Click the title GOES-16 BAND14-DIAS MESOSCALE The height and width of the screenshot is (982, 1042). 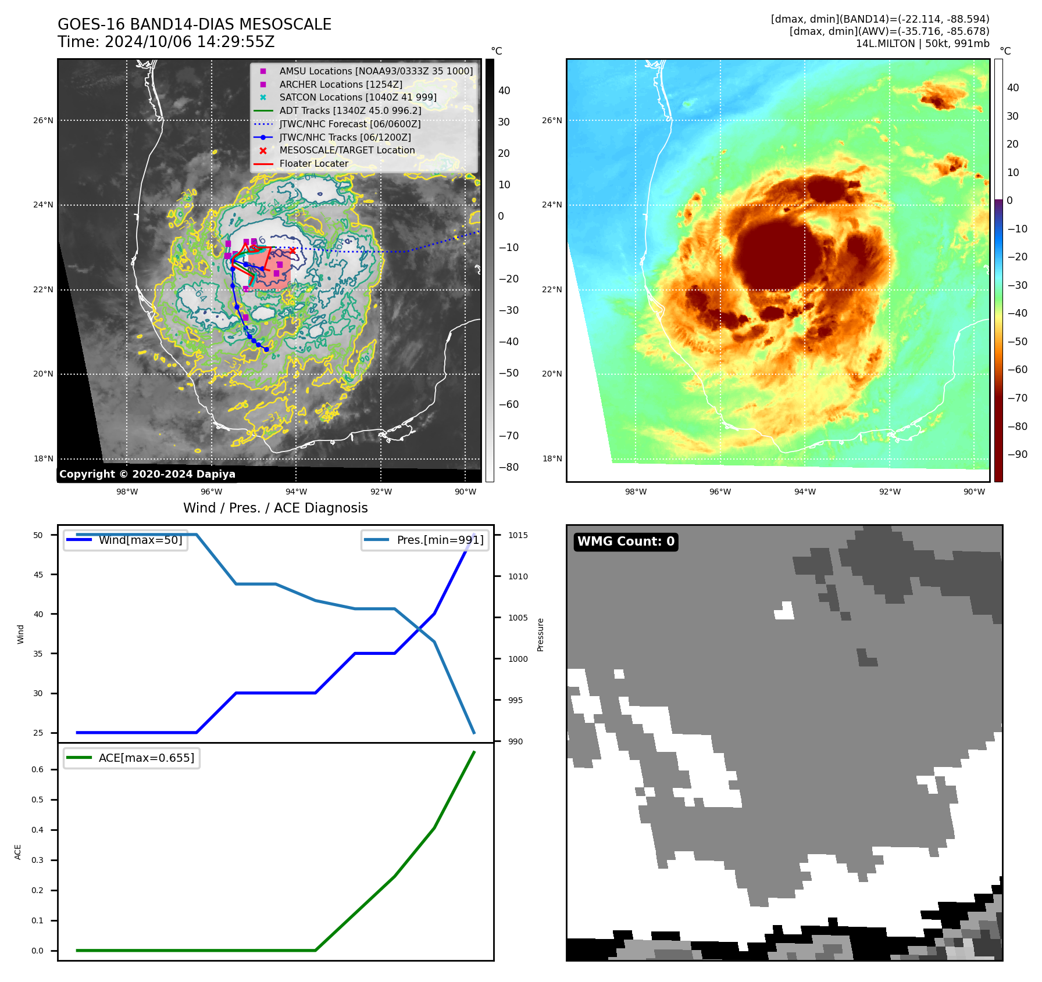pos(194,24)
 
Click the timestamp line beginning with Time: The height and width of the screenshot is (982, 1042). pos(166,42)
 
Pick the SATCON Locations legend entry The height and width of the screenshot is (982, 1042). pos(358,97)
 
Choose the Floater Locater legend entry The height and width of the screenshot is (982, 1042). pos(313,163)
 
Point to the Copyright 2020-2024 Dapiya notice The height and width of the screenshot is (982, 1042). pos(147,474)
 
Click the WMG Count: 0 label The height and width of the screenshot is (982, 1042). pos(626,542)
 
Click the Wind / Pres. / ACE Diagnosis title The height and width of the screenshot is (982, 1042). pos(275,508)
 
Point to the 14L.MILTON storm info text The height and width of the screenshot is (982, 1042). pos(922,44)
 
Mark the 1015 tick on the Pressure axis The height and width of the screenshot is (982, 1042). pos(518,535)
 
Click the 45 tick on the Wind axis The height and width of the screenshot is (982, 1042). pos(38,575)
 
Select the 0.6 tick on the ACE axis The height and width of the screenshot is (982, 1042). pos(37,769)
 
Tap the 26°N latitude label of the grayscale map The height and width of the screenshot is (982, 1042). pos(43,121)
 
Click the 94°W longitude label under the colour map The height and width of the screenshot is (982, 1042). pos(805,492)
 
